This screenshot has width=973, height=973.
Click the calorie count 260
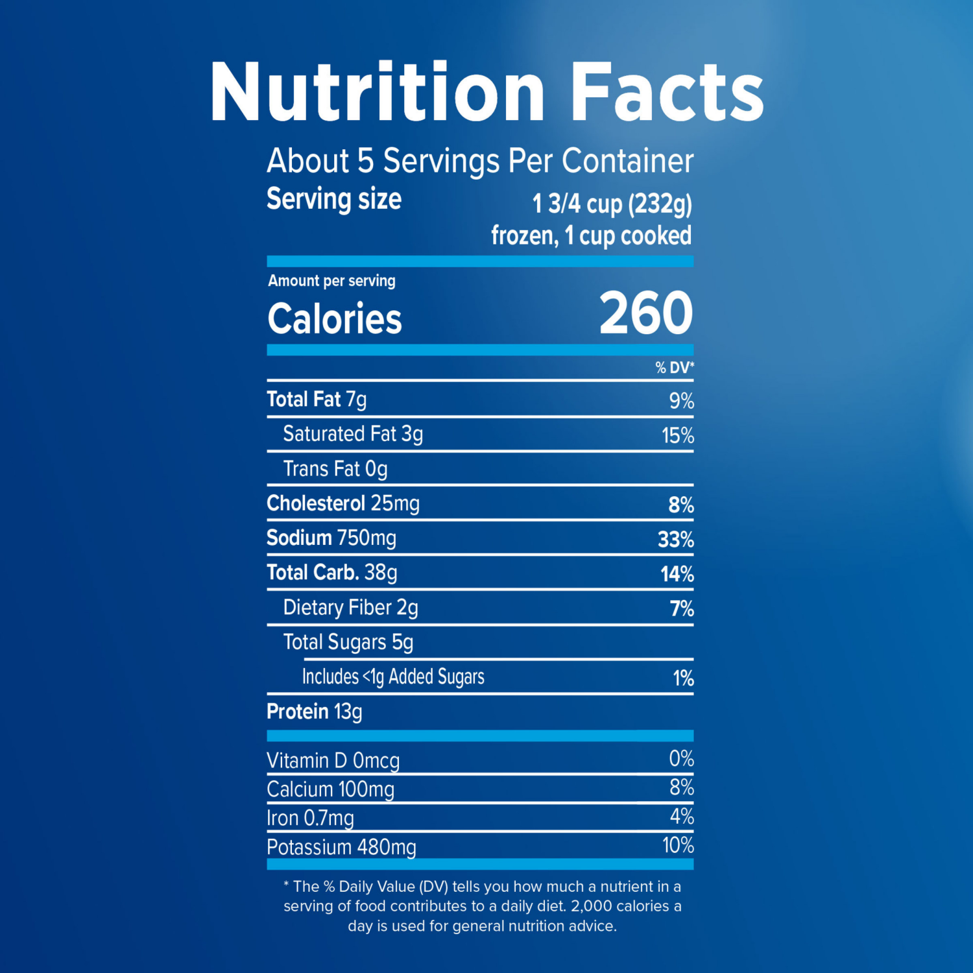(x=645, y=313)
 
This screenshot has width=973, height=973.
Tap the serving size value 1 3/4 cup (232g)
(x=612, y=204)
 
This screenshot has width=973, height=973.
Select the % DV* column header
(x=674, y=368)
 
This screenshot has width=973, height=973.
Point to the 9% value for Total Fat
(x=681, y=401)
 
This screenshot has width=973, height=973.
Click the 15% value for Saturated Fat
(x=677, y=435)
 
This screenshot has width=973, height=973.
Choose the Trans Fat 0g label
(x=335, y=469)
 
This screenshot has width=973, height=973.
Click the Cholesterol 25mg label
(x=343, y=504)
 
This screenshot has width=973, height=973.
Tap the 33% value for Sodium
(x=675, y=540)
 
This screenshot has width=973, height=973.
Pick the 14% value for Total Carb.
(x=677, y=574)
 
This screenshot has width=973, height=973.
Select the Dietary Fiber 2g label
(x=350, y=608)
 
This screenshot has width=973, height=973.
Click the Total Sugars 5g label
(x=348, y=642)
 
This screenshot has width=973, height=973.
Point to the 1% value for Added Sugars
(x=683, y=679)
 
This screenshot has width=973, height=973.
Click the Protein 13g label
(x=315, y=712)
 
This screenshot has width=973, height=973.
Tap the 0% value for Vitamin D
(x=681, y=758)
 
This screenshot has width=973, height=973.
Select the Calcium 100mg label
(x=330, y=789)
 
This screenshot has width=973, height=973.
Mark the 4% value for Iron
(x=682, y=816)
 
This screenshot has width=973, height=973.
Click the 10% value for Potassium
(x=678, y=845)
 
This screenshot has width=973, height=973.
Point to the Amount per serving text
(x=331, y=281)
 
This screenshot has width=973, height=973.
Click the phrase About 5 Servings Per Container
(x=480, y=161)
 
